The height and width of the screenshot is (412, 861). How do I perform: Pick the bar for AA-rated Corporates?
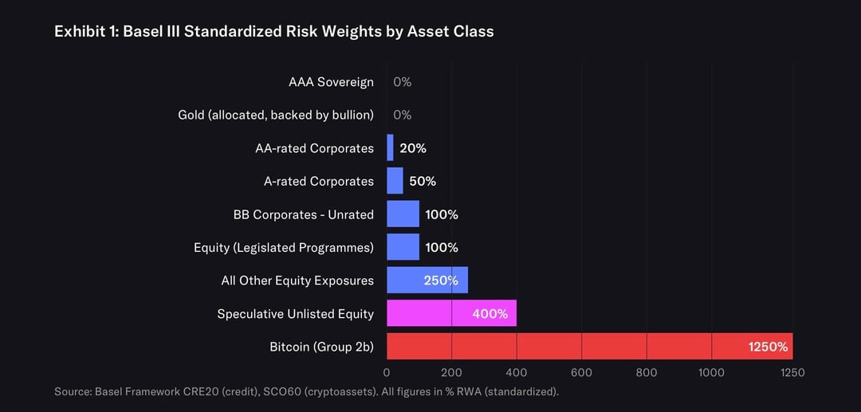[390, 148]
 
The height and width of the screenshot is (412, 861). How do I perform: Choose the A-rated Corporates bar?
[395, 181]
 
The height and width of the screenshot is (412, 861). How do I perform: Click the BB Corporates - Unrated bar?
[403, 214]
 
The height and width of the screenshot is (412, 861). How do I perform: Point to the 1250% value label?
[768, 347]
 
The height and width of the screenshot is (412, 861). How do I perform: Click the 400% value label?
[489, 313]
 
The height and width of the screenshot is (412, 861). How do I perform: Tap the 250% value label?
[441, 281]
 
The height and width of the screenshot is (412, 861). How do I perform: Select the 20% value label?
[413, 148]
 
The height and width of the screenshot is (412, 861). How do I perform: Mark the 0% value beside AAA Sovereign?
[402, 82]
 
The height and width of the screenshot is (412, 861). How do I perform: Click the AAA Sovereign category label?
[331, 82]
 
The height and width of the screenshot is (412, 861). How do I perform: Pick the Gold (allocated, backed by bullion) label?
[275, 115]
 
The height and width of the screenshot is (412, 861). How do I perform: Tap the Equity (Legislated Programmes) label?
[283, 247]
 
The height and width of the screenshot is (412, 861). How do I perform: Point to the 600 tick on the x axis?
[581, 372]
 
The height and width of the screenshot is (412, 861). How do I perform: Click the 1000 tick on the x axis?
[711, 372]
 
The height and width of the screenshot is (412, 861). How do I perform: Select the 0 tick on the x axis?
[387, 372]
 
